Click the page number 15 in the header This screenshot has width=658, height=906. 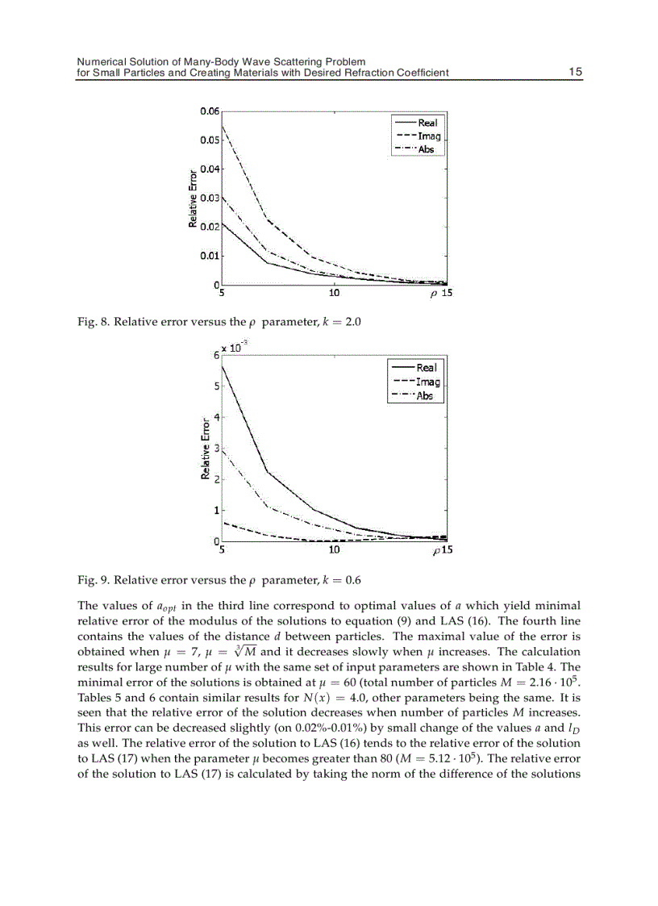(x=575, y=72)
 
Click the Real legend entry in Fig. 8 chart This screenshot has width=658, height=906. (x=427, y=123)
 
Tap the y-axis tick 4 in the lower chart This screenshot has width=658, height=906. (x=216, y=416)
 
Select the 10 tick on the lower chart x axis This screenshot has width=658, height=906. (x=334, y=550)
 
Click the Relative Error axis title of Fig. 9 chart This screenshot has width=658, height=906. (x=206, y=449)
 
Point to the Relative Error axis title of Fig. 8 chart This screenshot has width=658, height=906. (x=194, y=198)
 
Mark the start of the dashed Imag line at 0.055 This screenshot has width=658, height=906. (x=223, y=127)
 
